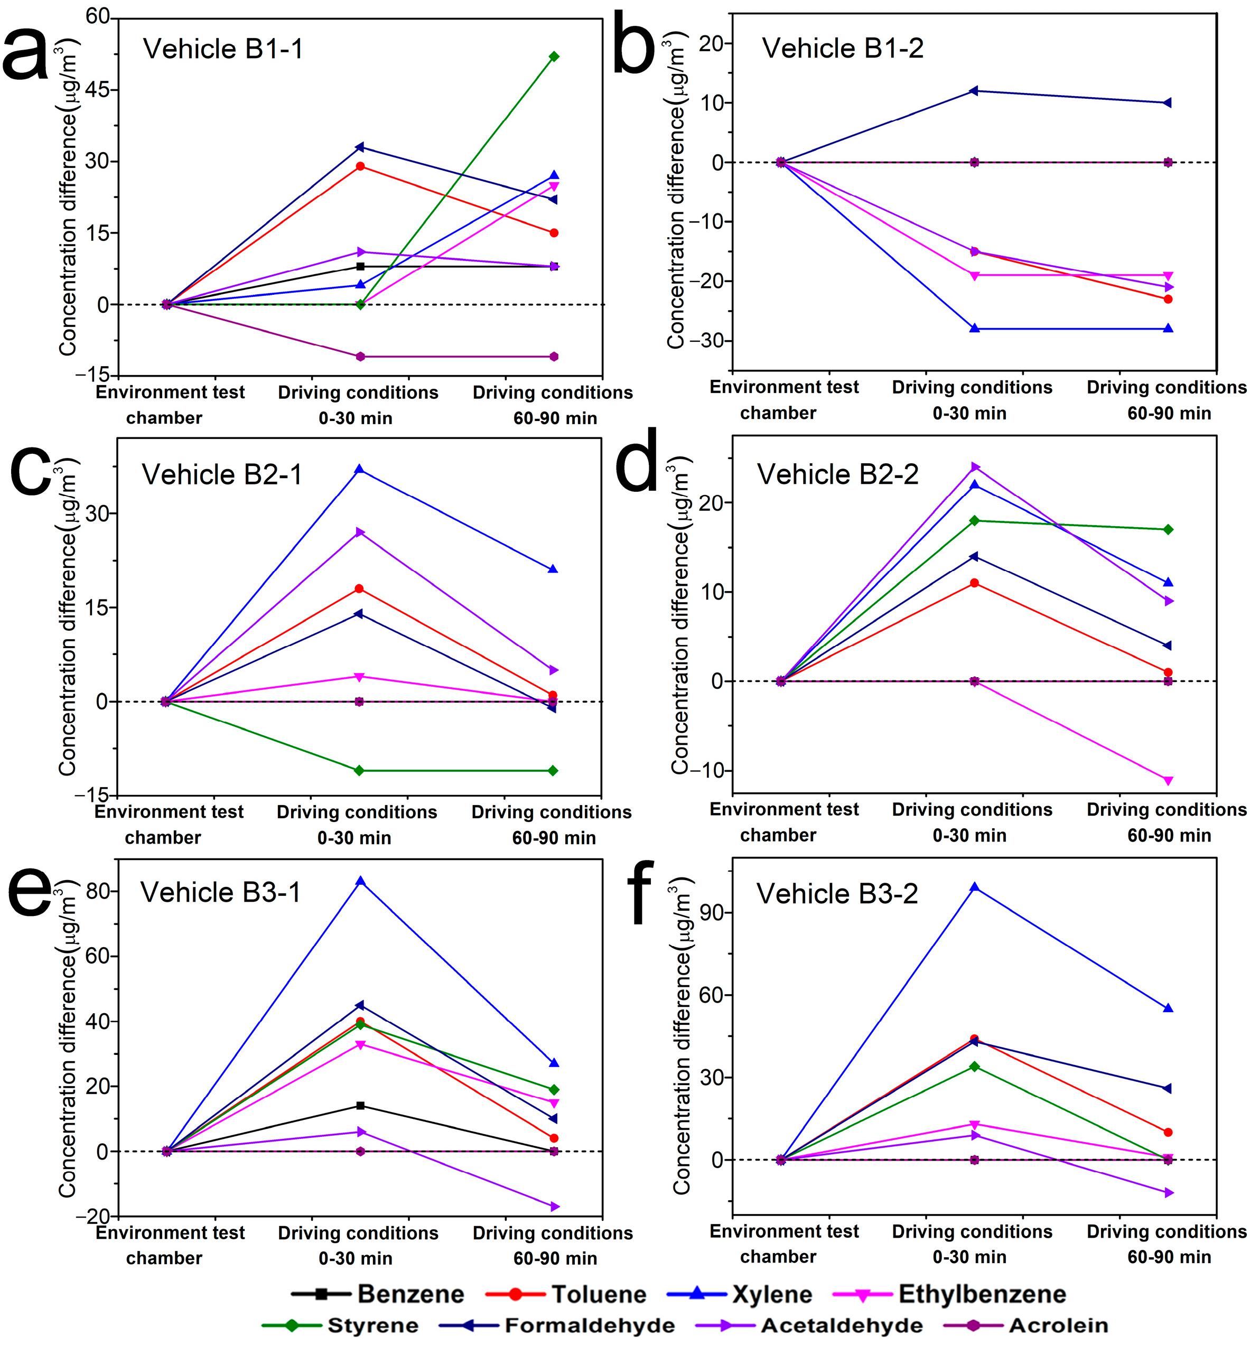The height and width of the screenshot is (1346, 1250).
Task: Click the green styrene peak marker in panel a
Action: click(x=554, y=57)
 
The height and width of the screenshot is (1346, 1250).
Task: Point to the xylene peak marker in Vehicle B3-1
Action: click(x=360, y=881)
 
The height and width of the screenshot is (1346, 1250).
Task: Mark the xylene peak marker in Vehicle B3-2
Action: click(x=974, y=887)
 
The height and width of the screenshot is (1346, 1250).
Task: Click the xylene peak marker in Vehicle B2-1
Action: click(x=359, y=470)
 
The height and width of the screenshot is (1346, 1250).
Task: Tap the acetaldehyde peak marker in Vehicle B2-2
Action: click(x=975, y=466)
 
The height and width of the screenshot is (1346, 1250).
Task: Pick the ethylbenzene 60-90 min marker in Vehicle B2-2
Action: click(x=1168, y=781)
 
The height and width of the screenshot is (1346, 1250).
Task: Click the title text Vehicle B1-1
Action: click(x=223, y=49)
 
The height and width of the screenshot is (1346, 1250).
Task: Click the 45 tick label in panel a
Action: click(x=97, y=90)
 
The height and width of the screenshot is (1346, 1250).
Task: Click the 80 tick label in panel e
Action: click(x=97, y=892)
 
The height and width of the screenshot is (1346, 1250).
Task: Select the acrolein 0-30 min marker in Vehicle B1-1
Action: click(x=360, y=357)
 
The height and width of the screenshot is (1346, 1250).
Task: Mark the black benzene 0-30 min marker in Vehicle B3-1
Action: click(x=360, y=1106)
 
